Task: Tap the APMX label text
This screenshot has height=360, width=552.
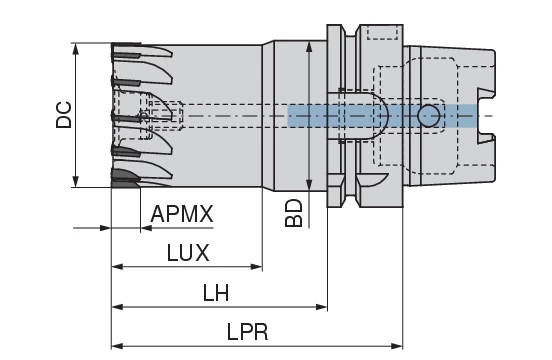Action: pyautogui.click(x=181, y=214)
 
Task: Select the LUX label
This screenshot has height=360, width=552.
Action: pyautogui.click(x=187, y=252)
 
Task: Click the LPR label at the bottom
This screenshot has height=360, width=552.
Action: pyautogui.click(x=247, y=331)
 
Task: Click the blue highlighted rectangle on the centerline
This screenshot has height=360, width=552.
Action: pyautogui.click(x=381, y=116)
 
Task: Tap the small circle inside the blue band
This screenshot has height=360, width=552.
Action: pyautogui.click(x=428, y=116)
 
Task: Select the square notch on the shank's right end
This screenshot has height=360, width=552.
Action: pyautogui.click(x=486, y=104)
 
